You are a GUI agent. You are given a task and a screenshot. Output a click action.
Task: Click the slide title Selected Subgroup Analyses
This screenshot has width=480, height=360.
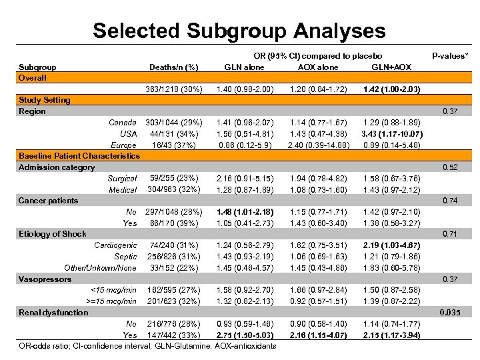(x=239, y=31)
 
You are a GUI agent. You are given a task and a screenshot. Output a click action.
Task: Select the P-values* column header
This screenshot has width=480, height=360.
(x=450, y=56)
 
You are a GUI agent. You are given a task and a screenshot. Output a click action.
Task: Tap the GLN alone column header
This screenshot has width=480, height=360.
(x=244, y=67)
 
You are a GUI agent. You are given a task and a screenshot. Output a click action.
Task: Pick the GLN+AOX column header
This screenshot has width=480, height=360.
(x=391, y=67)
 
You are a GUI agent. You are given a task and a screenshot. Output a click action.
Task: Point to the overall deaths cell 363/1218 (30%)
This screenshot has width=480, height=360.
(x=174, y=89)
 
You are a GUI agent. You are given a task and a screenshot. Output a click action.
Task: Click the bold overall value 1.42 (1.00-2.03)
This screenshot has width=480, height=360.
(x=391, y=89)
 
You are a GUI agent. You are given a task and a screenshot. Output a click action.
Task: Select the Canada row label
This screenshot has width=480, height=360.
(x=123, y=123)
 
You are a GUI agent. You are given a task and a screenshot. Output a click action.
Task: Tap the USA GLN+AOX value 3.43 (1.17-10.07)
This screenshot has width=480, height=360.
(x=391, y=134)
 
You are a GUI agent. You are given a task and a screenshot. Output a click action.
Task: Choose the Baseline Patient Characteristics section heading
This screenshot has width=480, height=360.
(x=79, y=156)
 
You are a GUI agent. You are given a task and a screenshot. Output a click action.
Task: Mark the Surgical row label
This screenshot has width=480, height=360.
(x=122, y=179)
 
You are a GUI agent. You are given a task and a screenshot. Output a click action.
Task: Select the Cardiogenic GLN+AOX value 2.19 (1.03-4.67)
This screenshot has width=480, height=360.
(x=391, y=245)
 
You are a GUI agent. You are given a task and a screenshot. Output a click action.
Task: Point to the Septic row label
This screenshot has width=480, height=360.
(x=125, y=257)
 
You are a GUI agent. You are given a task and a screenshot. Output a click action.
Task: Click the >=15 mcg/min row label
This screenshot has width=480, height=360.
(x=113, y=301)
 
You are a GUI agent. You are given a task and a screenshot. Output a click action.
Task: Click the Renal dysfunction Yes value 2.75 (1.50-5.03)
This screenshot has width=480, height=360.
(x=244, y=335)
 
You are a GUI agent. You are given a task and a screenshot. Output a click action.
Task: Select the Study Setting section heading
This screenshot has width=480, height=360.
(x=44, y=100)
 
